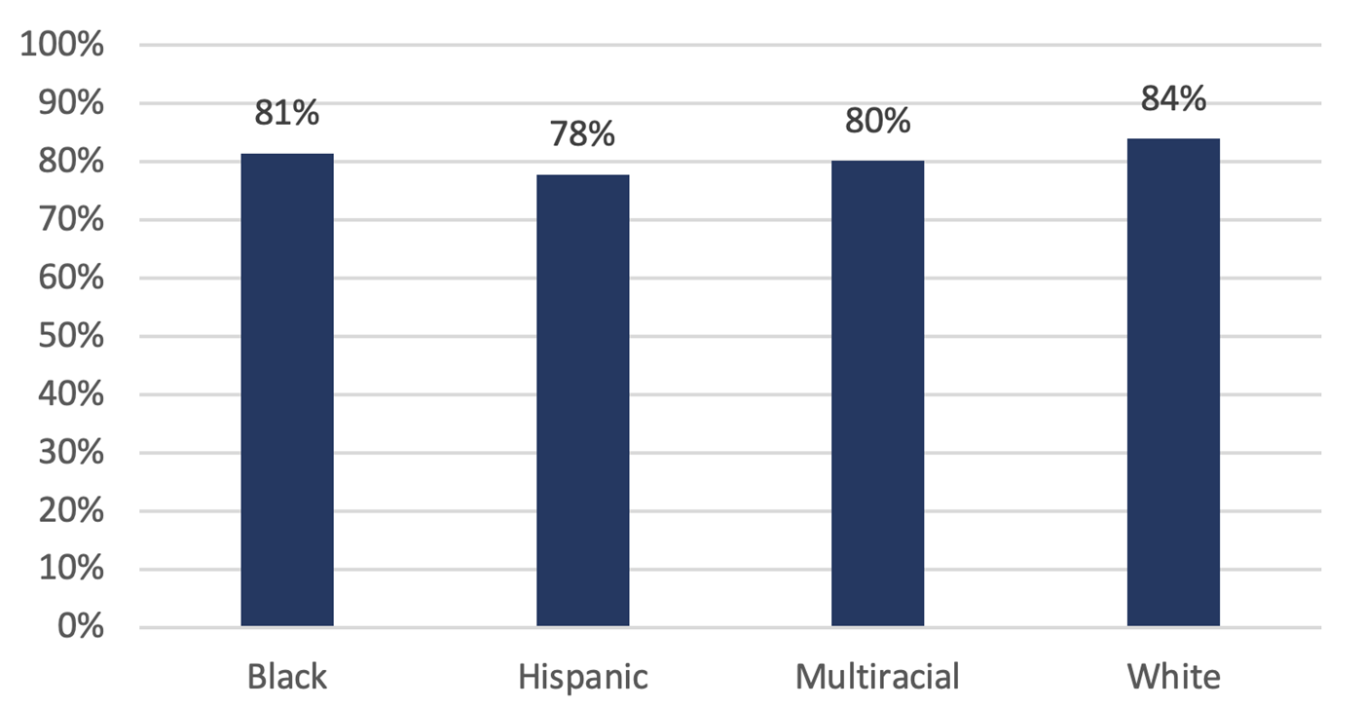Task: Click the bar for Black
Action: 287,390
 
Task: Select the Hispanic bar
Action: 582,400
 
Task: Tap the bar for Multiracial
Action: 877,393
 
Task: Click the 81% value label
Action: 287,114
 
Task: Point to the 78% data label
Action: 582,134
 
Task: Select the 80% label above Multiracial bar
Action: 877,121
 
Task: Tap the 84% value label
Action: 1173,99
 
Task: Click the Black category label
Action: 287,676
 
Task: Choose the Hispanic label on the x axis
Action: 582,676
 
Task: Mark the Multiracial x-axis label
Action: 877,676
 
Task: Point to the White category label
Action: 1173,676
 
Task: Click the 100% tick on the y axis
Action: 63,46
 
